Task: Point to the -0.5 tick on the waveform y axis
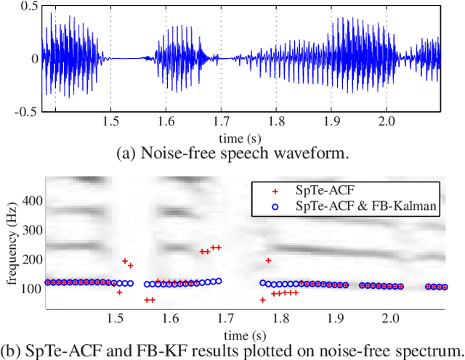point(26,111)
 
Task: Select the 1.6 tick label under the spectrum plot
point(169,318)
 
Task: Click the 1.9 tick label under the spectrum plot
point(335,318)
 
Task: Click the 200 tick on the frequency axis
point(31,258)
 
